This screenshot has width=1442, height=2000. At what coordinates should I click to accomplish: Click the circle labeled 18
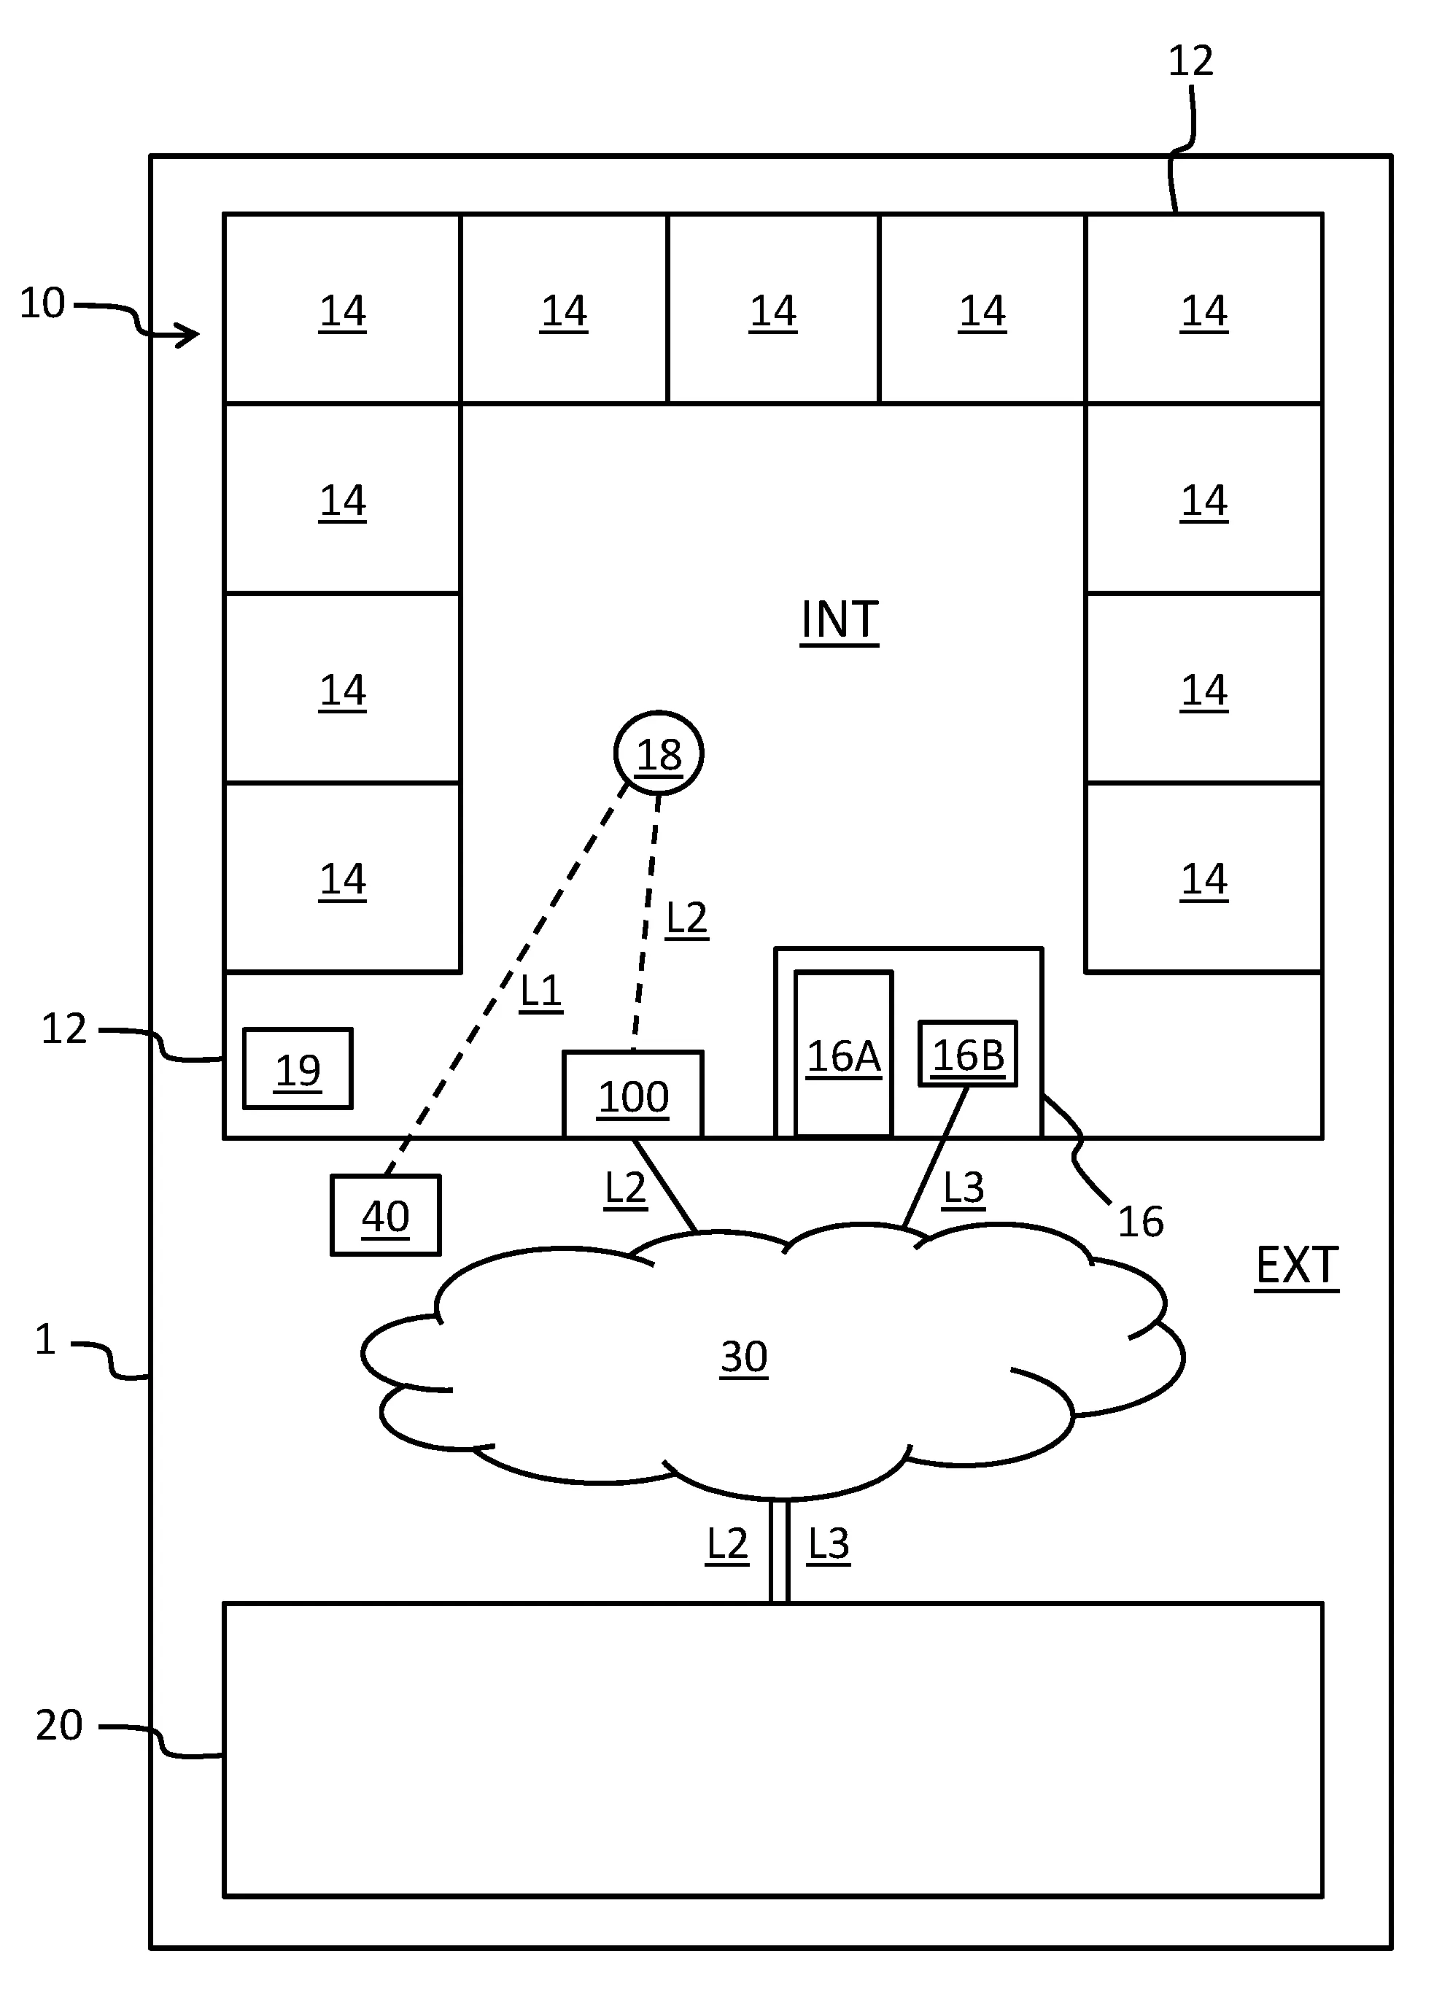coord(658,752)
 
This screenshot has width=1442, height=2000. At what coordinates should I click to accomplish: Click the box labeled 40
coord(385,1214)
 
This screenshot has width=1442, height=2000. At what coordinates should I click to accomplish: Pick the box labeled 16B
coord(967,1054)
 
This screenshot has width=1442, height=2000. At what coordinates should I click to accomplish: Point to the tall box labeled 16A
coord(843,1055)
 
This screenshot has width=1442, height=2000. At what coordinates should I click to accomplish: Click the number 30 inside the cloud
coord(743,1355)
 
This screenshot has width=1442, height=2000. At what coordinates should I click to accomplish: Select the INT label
coord(839,620)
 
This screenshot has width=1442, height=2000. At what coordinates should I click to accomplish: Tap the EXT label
coord(1295,1265)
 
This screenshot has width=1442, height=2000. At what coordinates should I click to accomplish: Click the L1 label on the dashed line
coord(540,991)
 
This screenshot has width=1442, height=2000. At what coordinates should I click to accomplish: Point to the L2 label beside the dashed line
coord(686,918)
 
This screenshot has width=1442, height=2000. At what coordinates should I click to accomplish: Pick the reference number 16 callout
coord(1139,1221)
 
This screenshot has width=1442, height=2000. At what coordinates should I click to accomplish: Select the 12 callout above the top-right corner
coord(1190,61)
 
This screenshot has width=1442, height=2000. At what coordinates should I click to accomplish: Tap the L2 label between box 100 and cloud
coord(625,1188)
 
